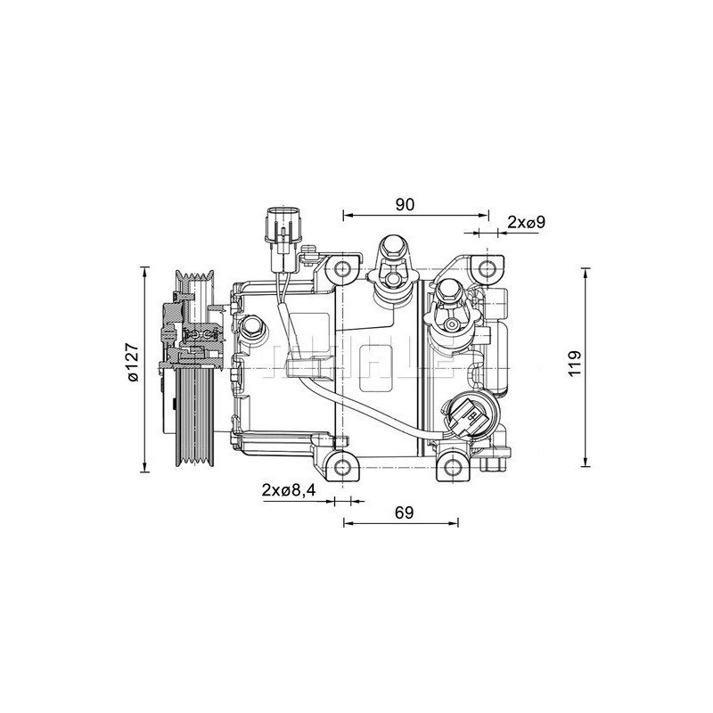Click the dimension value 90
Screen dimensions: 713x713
406,204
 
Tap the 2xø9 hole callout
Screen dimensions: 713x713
526,222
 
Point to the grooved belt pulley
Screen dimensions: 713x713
193,365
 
